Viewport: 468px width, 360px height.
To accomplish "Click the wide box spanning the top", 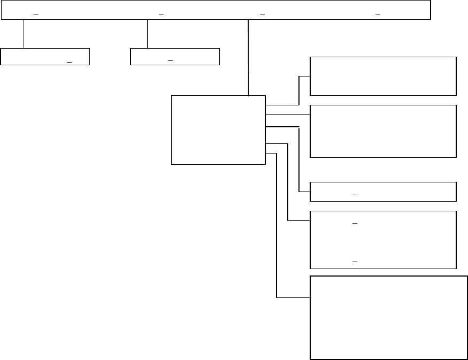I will pyautogui.click(x=216, y=10).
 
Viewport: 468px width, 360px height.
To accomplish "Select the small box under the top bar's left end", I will pyautogui.click(x=45, y=57).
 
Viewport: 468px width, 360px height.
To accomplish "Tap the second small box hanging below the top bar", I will pyautogui.click(x=175, y=57).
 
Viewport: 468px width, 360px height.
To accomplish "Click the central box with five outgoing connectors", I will pyautogui.click(x=218, y=130).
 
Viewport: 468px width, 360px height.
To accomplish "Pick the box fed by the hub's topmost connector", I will pyautogui.click(x=383, y=75).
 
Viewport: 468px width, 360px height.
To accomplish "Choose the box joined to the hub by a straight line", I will pyautogui.click(x=383, y=131).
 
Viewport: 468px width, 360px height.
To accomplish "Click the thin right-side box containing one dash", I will pyautogui.click(x=383, y=192).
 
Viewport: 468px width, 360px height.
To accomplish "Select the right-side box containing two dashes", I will pyautogui.click(x=383, y=240).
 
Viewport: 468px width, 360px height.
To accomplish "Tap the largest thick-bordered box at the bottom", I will pyautogui.click(x=389, y=318).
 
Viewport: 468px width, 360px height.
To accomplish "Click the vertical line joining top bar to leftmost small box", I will pyautogui.click(x=24, y=34).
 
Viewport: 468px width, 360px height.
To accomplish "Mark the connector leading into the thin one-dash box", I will pyautogui.click(x=298, y=160).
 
